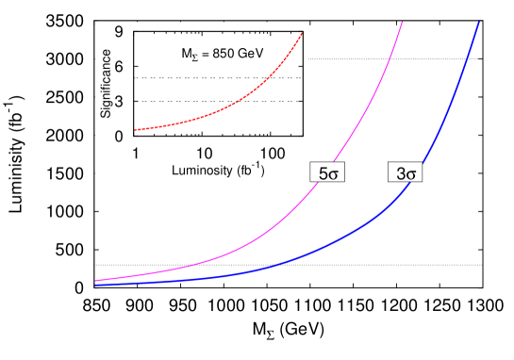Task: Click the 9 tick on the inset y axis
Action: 120,31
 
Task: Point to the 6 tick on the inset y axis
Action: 120,66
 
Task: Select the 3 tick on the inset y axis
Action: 120,101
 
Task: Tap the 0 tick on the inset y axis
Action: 120,136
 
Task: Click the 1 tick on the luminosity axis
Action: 136,152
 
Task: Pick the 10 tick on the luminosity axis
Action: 202,152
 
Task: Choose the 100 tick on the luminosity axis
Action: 271,152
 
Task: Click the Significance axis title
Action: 106,84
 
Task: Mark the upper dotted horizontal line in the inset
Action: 189,77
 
